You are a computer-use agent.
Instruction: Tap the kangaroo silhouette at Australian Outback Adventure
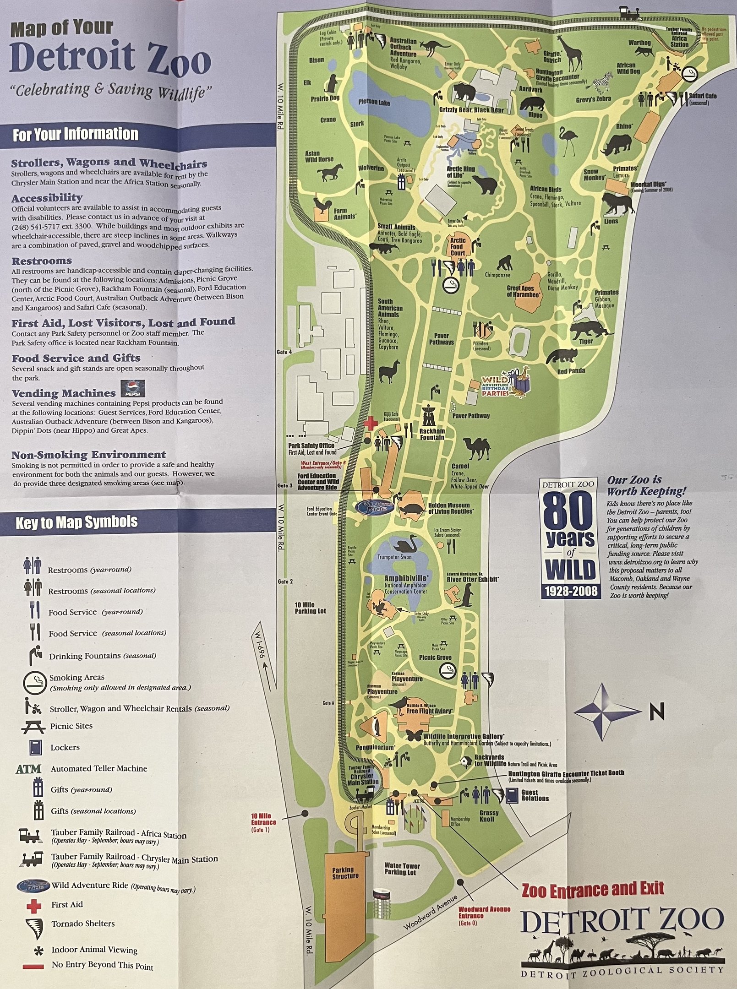(429, 47)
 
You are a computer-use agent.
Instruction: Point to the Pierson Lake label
(374, 102)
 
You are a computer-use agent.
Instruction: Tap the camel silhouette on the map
(477, 447)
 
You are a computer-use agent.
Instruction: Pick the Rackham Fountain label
(432, 434)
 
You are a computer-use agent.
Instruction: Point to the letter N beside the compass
(657, 712)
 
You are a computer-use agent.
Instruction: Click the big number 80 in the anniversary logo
(570, 511)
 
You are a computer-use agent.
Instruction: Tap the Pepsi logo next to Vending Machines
(133, 389)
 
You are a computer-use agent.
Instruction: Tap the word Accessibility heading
(47, 198)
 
